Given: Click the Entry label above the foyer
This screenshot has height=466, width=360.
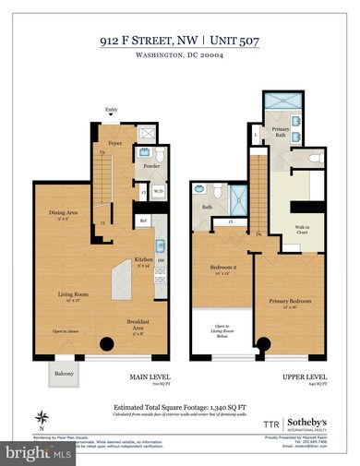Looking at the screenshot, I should click(112, 108).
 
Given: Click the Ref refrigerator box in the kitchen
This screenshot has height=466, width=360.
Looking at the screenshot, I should click(144, 221).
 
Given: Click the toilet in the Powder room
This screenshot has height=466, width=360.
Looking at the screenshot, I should click(158, 154).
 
